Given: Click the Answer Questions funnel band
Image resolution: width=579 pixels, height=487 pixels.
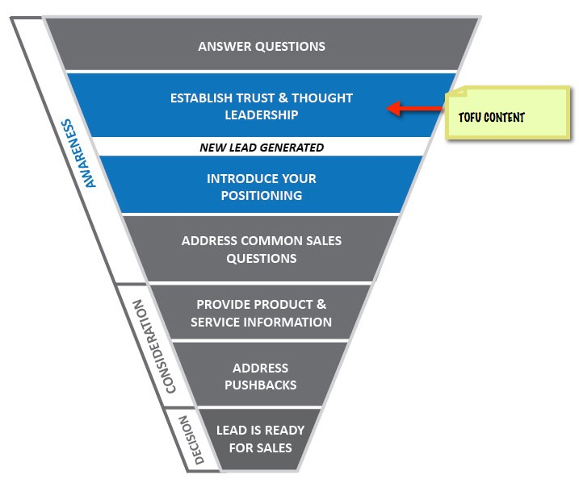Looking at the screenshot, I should tap(262, 46).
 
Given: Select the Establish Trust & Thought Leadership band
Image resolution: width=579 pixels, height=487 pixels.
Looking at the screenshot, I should tap(262, 106).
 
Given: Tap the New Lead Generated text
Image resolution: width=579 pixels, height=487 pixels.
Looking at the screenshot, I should tap(262, 148).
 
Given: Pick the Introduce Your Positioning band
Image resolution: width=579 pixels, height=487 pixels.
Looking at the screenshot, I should tap(261, 186).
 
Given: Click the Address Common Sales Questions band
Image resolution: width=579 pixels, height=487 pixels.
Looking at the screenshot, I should tap(261, 249).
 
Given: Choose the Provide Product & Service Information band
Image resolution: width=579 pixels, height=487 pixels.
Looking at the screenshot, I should tap(261, 313).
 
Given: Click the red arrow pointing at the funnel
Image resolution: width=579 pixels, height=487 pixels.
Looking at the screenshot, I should tap(417, 108).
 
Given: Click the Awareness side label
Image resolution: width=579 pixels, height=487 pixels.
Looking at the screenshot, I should tap(79, 154).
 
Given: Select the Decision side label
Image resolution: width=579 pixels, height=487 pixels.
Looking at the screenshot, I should tap(184, 440).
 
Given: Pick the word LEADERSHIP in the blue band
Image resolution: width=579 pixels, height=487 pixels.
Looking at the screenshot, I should tap(262, 114).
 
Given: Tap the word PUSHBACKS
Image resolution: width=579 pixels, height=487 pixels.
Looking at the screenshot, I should tap(260, 385).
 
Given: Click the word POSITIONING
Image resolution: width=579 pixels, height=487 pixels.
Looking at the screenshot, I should tap(261, 195).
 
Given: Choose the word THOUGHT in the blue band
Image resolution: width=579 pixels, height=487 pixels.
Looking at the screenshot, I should tap(321, 98).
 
